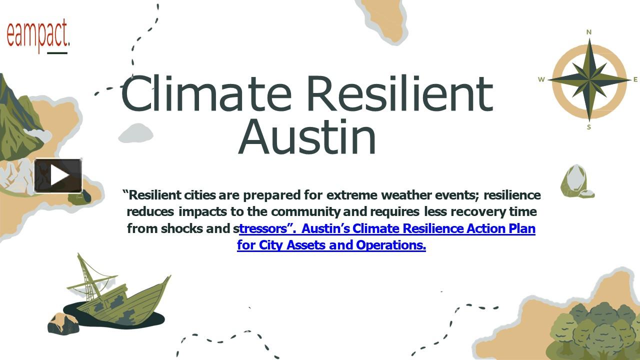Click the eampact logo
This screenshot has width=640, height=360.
tap(38, 35)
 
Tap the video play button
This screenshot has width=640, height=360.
tap(58, 175)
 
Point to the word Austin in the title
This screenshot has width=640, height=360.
tap(307, 136)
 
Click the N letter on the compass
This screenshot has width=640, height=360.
tap(589, 32)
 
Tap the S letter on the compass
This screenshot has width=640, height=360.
tap(589, 127)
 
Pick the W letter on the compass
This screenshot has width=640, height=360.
tap(541, 79)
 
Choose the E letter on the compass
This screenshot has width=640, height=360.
tap(635, 79)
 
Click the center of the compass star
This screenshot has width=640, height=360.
tap(589, 79)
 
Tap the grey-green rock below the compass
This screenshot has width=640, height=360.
tap(575, 181)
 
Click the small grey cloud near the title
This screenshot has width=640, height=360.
tap(135, 132)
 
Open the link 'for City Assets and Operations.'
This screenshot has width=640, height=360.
tap(331, 245)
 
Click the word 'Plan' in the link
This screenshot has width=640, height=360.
tap(521, 228)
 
